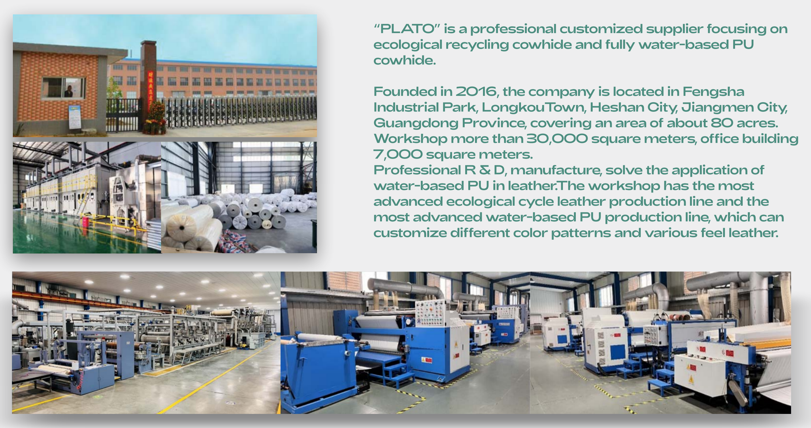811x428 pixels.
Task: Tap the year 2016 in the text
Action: coord(476,92)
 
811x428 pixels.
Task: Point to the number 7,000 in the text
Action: coord(398,154)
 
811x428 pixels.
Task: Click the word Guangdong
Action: coord(416,123)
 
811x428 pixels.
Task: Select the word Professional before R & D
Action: coord(417,170)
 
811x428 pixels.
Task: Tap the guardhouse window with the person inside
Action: coord(64,88)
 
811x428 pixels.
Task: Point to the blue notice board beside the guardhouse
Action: coord(75,117)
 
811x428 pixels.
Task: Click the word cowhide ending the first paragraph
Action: coord(405,60)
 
